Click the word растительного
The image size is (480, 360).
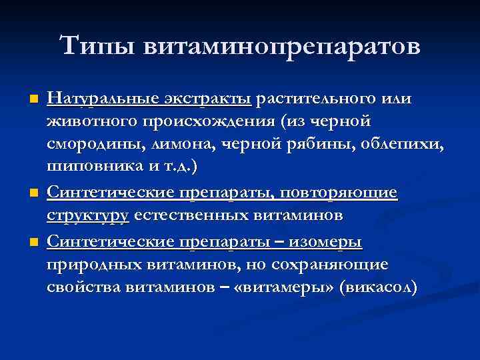(313, 100)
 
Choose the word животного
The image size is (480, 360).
(83, 123)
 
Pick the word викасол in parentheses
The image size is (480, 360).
(382, 287)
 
